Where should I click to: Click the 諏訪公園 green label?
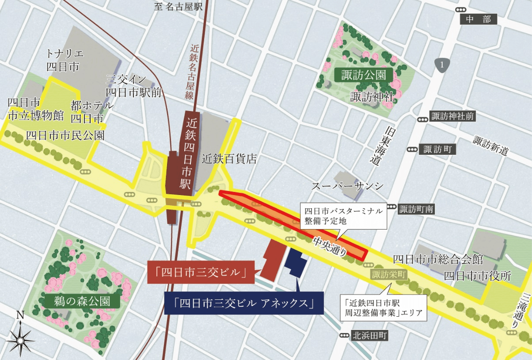363,75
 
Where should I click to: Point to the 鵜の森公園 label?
82,302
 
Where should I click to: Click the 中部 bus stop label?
478,19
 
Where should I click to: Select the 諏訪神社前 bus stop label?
452,117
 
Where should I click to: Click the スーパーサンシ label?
347,186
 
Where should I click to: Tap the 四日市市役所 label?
477,276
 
